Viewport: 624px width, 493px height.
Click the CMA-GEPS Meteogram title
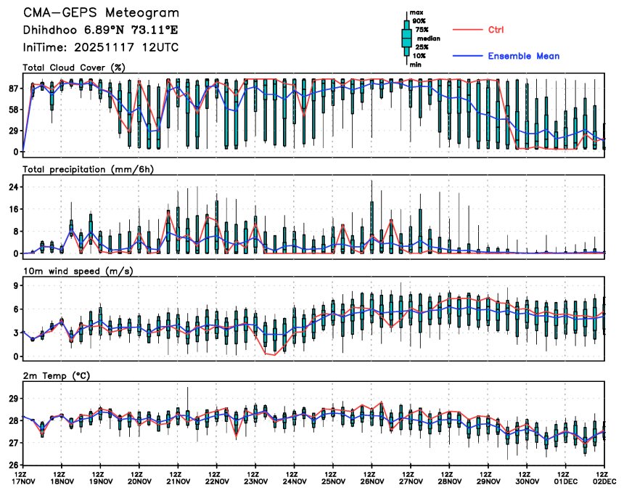(101, 13)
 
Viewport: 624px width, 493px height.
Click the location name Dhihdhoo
(49, 30)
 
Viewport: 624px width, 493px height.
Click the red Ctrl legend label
(496, 30)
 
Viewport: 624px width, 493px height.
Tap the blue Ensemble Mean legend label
(523, 56)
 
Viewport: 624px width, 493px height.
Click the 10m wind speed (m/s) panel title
(78, 272)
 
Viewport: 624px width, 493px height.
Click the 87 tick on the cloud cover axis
(12, 89)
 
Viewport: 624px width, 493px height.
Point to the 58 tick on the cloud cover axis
(12, 110)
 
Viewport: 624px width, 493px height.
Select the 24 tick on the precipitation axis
(12, 187)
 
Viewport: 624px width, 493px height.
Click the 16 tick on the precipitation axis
(12, 209)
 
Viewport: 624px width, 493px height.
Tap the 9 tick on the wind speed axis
(15, 286)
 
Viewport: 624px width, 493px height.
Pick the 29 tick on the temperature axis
(12, 398)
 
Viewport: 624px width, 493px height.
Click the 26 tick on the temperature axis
(12, 465)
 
